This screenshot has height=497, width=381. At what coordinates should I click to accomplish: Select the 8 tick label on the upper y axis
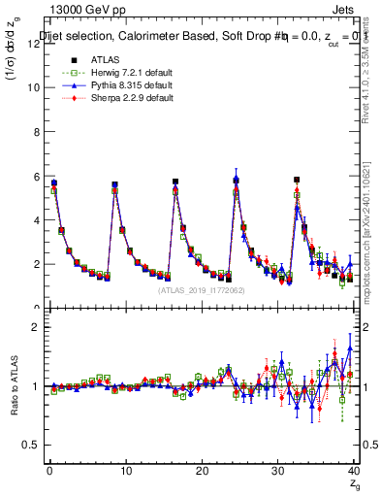36,131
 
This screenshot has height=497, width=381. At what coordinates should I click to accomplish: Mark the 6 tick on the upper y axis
36,176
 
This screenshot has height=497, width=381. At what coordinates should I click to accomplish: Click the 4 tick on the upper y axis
36,220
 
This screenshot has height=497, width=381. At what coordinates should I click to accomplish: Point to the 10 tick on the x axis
125,472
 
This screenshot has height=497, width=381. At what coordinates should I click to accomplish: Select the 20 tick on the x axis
202,472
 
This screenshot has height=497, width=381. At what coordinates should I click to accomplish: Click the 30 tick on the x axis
278,472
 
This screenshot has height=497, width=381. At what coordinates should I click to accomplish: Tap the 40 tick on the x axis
354,472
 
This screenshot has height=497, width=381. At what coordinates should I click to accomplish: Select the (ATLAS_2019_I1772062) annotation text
202,289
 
